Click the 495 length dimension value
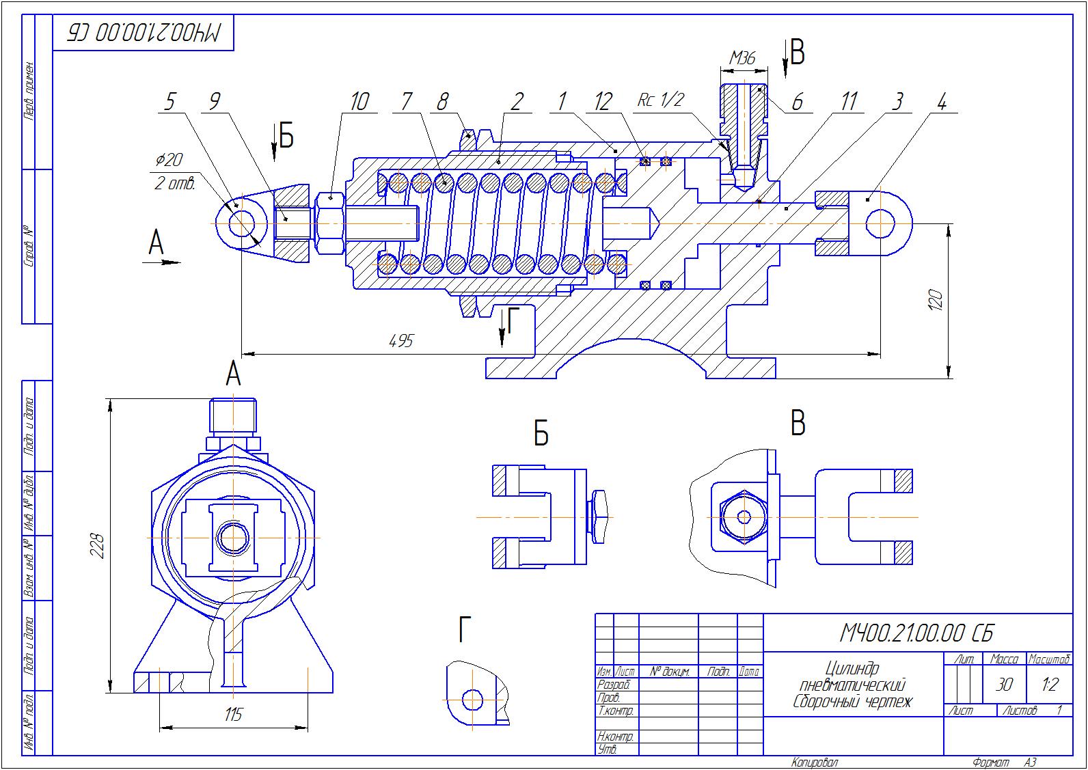pos(401,341)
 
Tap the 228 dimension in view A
pos(98,546)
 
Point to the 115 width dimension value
pos(233,715)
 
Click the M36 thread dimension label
pos(742,58)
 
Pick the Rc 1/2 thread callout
pos(659,100)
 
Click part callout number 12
pos(603,102)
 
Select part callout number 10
pos(359,102)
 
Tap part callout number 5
pos(169,102)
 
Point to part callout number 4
pos(941,102)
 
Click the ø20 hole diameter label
pos(169,161)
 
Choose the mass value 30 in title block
pos(1004,684)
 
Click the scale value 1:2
pos(1050,684)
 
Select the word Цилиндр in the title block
pos(852,668)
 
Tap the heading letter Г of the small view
pos(465,630)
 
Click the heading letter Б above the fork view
pos(541,433)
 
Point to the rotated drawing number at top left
pos(144,33)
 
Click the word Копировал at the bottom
pos(815,762)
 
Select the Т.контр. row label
pos(615,711)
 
